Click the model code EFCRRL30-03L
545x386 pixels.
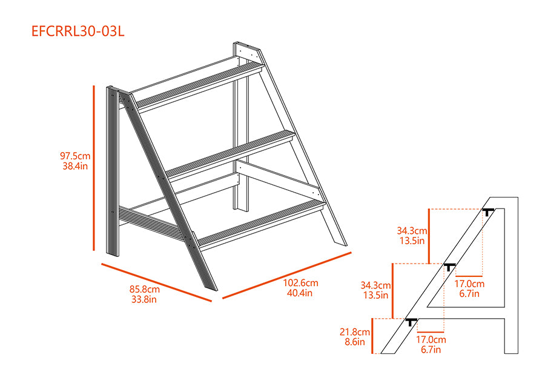(x=78, y=32)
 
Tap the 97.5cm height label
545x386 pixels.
(x=75, y=156)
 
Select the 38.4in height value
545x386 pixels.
(x=75, y=166)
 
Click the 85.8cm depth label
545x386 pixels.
(x=145, y=289)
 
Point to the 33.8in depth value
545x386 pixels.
(x=144, y=299)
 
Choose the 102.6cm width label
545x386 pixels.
(x=300, y=283)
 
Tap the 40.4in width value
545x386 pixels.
(x=300, y=293)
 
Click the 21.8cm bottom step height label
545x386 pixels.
(x=354, y=332)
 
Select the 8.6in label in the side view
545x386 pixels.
(x=355, y=342)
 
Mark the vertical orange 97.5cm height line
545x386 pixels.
(x=94, y=168)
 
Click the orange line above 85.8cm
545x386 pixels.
(x=156, y=282)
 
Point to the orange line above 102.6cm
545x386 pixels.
(x=287, y=275)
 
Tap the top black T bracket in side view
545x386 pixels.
(x=488, y=211)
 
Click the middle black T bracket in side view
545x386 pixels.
(x=449, y=267)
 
